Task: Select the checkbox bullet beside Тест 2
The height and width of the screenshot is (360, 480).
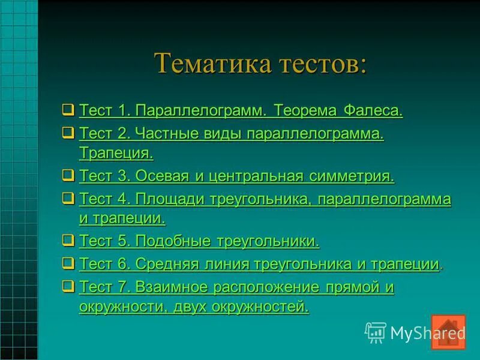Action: click(68, 133)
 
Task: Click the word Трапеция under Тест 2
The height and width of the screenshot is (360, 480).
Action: click(116, 153)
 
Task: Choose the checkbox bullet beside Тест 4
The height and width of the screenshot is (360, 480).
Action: click(68, 197)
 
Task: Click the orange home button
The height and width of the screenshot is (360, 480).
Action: click(448, 332)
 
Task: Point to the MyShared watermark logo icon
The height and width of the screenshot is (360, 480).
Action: click(376, 332)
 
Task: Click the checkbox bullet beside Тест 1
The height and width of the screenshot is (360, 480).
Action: click(68, 110)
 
